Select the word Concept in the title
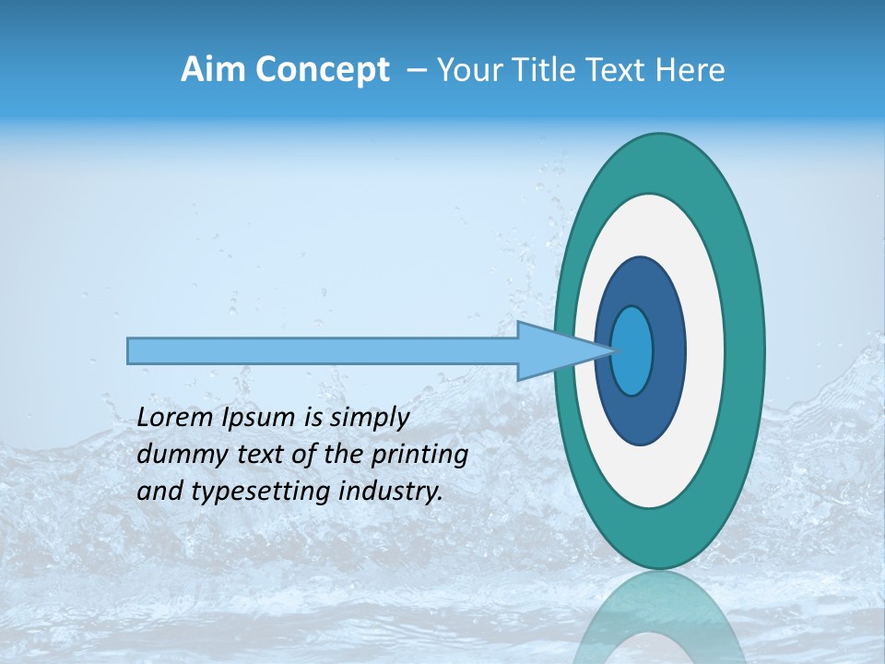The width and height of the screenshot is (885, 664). click(x=322, y=70)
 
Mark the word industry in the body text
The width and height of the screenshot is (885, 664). click(x=393, y=492)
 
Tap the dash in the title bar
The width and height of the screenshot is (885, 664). click(x=416, y=70)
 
